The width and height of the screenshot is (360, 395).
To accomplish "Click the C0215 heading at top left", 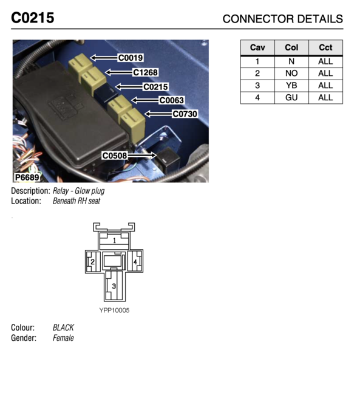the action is [32, 18].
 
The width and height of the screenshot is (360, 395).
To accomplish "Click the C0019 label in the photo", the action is [131, 58].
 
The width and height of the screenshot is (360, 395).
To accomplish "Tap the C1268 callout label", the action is [145, 72].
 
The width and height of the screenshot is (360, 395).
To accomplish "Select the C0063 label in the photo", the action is [171, 100].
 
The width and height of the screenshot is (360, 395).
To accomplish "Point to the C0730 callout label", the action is [185, 114].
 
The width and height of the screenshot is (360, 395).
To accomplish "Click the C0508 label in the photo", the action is [115, 156].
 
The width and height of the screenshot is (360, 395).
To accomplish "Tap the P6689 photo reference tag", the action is [27, 177].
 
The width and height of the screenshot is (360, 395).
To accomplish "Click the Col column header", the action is [291, 47].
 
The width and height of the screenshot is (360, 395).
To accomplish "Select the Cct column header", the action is [325, 47].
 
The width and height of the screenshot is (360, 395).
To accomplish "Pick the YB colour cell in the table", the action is [291, 86].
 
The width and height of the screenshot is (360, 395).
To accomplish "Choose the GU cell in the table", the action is [291, 97].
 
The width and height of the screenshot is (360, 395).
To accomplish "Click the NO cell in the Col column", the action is [291, 74].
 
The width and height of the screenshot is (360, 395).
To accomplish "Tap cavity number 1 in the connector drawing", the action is [115, 241].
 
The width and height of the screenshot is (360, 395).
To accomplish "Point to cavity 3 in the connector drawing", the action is [114, 286].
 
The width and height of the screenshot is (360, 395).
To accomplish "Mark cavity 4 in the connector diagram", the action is [135, 262].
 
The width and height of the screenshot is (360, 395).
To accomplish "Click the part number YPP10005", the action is [114, 310].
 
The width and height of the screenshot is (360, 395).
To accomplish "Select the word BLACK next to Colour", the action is [63, 328].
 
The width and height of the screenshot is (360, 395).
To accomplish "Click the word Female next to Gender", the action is [63, 338].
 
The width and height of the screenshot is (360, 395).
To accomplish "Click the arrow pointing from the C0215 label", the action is [129, 87].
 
